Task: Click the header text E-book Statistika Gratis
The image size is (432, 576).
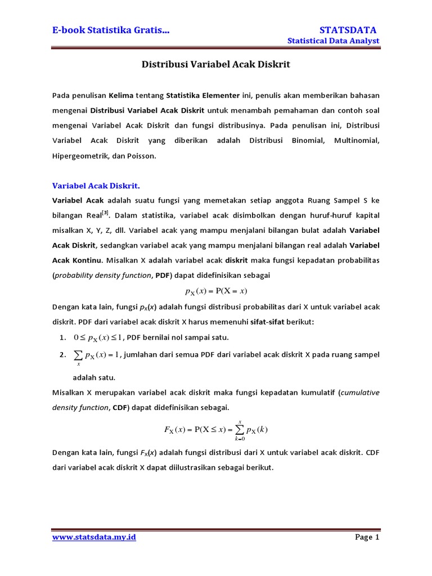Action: coord(111,30)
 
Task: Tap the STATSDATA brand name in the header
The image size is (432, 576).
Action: coord(348,30)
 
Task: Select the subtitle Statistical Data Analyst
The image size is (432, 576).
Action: coord(333,41)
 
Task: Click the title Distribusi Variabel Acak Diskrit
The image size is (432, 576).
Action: coord(215,65)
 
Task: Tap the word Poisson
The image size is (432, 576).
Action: coord(140,156)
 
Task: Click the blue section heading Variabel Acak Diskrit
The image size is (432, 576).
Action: coord(96,186)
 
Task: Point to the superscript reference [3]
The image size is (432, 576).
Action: coord(105,213)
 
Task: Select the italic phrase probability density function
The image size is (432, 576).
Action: coord(103,276)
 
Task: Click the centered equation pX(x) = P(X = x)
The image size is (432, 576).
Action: coord(216,291)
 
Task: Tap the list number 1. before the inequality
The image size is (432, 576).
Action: coord(62,337)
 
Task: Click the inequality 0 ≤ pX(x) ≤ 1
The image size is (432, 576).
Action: coord(98,337)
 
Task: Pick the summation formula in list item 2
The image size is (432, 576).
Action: coord(97,355)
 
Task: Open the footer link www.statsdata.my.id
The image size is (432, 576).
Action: coord(94,538)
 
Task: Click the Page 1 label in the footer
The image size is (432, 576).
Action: coord(367,538)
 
